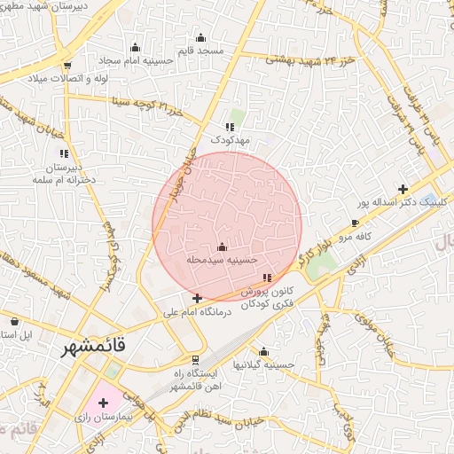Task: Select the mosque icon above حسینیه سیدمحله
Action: [222, 247]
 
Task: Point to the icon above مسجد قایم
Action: [200, 37]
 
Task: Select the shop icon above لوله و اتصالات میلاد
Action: [67, 66]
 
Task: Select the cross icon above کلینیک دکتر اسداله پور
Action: [403, 189]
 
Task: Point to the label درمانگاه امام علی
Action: [197, 312]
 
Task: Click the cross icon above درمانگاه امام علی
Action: [197, 299]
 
